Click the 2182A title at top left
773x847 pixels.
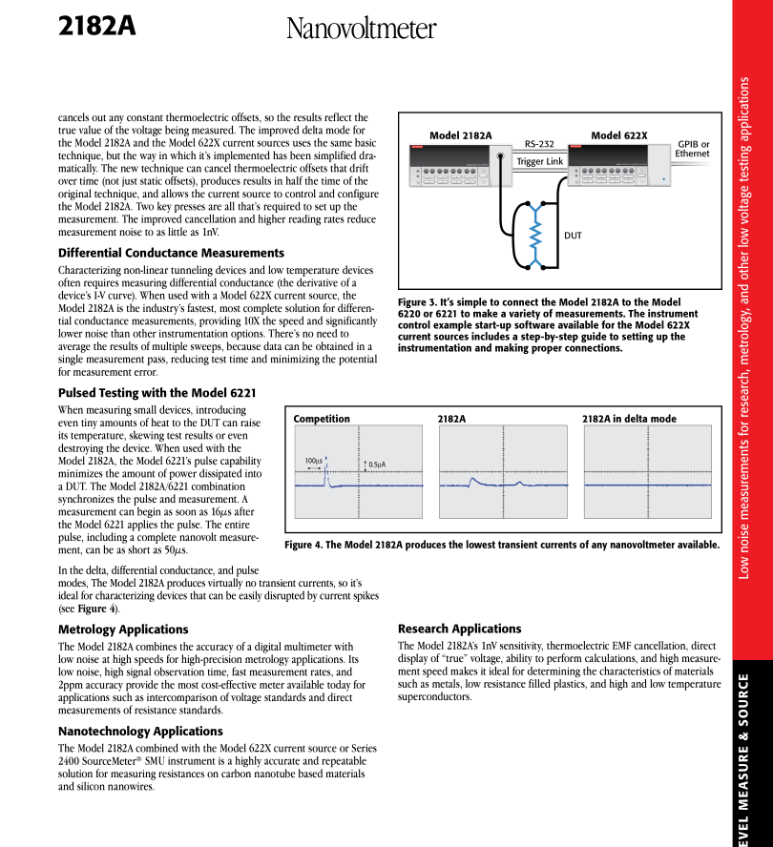click(x=96, y=26)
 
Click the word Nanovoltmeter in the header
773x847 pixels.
click(x=361, y=30)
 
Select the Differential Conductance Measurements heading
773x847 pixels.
click(x=171, y=253)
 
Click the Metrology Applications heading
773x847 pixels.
click(x=123, y=630)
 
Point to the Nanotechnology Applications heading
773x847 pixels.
click(x=140, y=731)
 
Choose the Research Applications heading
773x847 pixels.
click(x=459, y=629)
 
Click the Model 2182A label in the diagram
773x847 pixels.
click(x=460, y=135)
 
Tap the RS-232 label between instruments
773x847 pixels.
click(x=539, y=144)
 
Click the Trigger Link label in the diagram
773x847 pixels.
click(x=539, y=161)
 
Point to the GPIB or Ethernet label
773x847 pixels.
click(x=692, y=149)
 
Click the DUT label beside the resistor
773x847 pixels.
click(x=573, y=234)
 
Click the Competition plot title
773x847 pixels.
click(x=322, y=419)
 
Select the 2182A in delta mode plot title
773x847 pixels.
click(x=629, y=419)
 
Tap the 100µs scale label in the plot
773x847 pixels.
click(x=313, y=461)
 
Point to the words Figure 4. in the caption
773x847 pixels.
click(x=309, y=546)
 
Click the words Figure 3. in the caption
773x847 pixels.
click(x=422, y=302)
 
